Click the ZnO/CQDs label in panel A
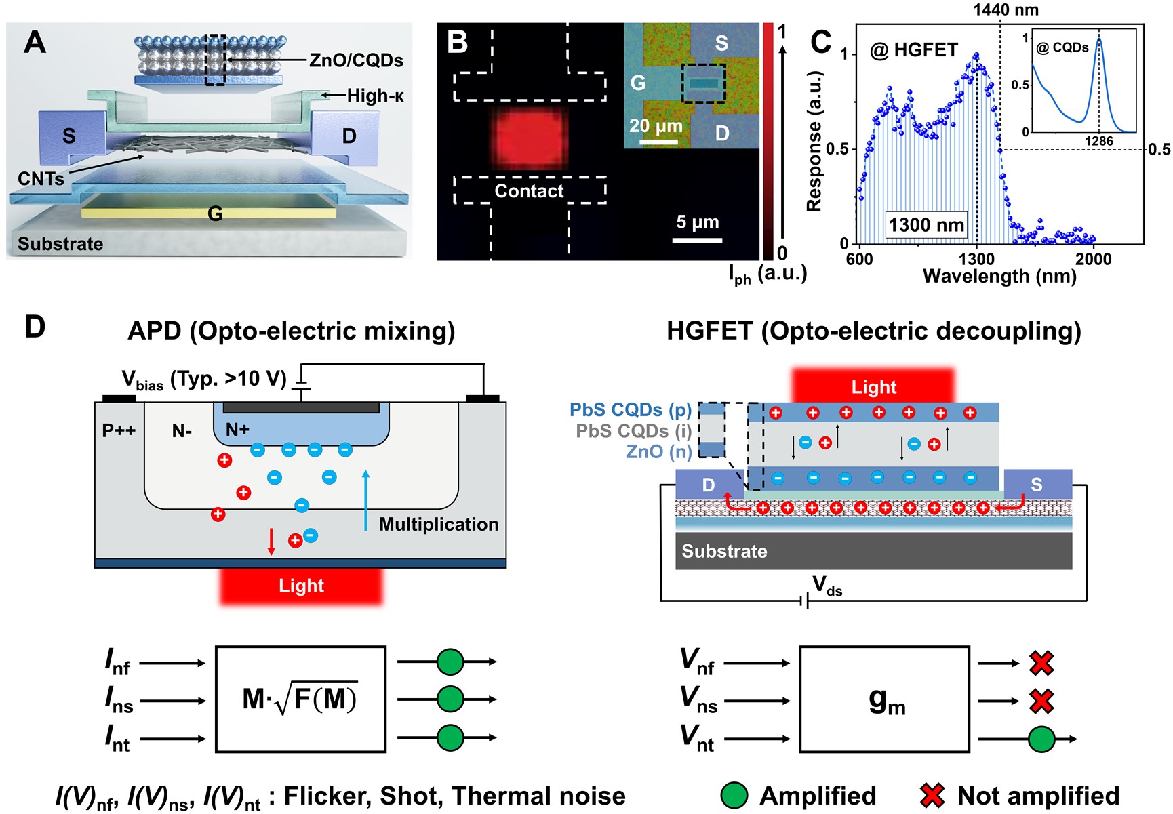(x=356, y=60)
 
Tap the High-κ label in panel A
(x=375, y=96)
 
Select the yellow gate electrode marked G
(x=209, y=213)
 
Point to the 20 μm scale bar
(x=658, y=142)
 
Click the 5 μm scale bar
(x=698, y=239)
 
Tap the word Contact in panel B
(x=529, y=191)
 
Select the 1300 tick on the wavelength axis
(x=976, y=258)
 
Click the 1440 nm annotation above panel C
(x=1006, y=9)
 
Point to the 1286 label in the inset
(x=1098, y=141)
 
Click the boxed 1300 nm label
(x=926, y=224)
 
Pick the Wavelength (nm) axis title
(x=999, y=277)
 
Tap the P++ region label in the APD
(x=119, y=430)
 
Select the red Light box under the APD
(x=301, y=586)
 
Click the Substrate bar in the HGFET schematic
(x=873, y=551)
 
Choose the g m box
(x=884, y=699)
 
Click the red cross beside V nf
(x=1041, y=663)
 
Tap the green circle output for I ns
(x=450, y=699)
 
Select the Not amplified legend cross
(x=932, y=795)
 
